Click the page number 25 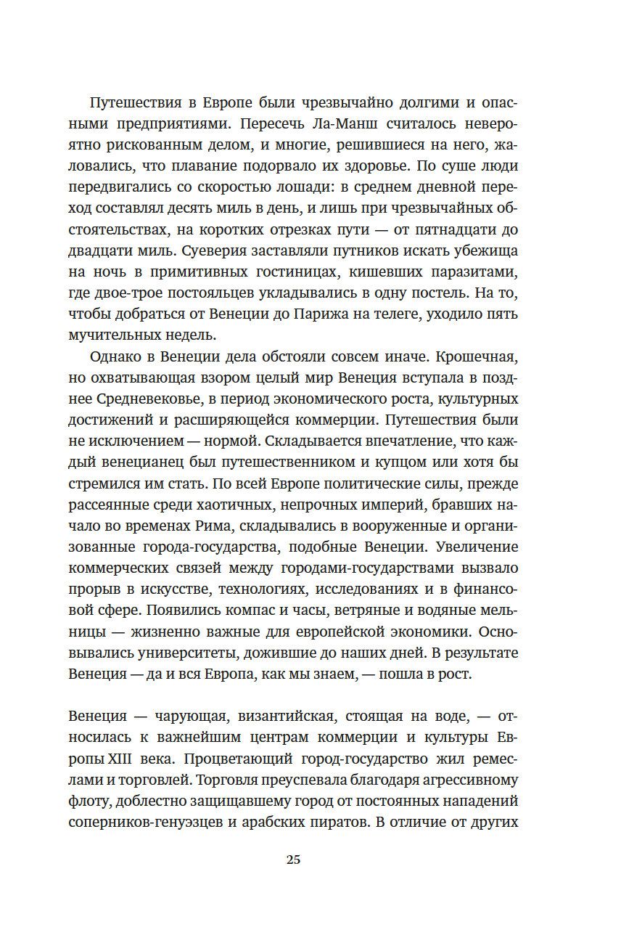click(x=293, y=860)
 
